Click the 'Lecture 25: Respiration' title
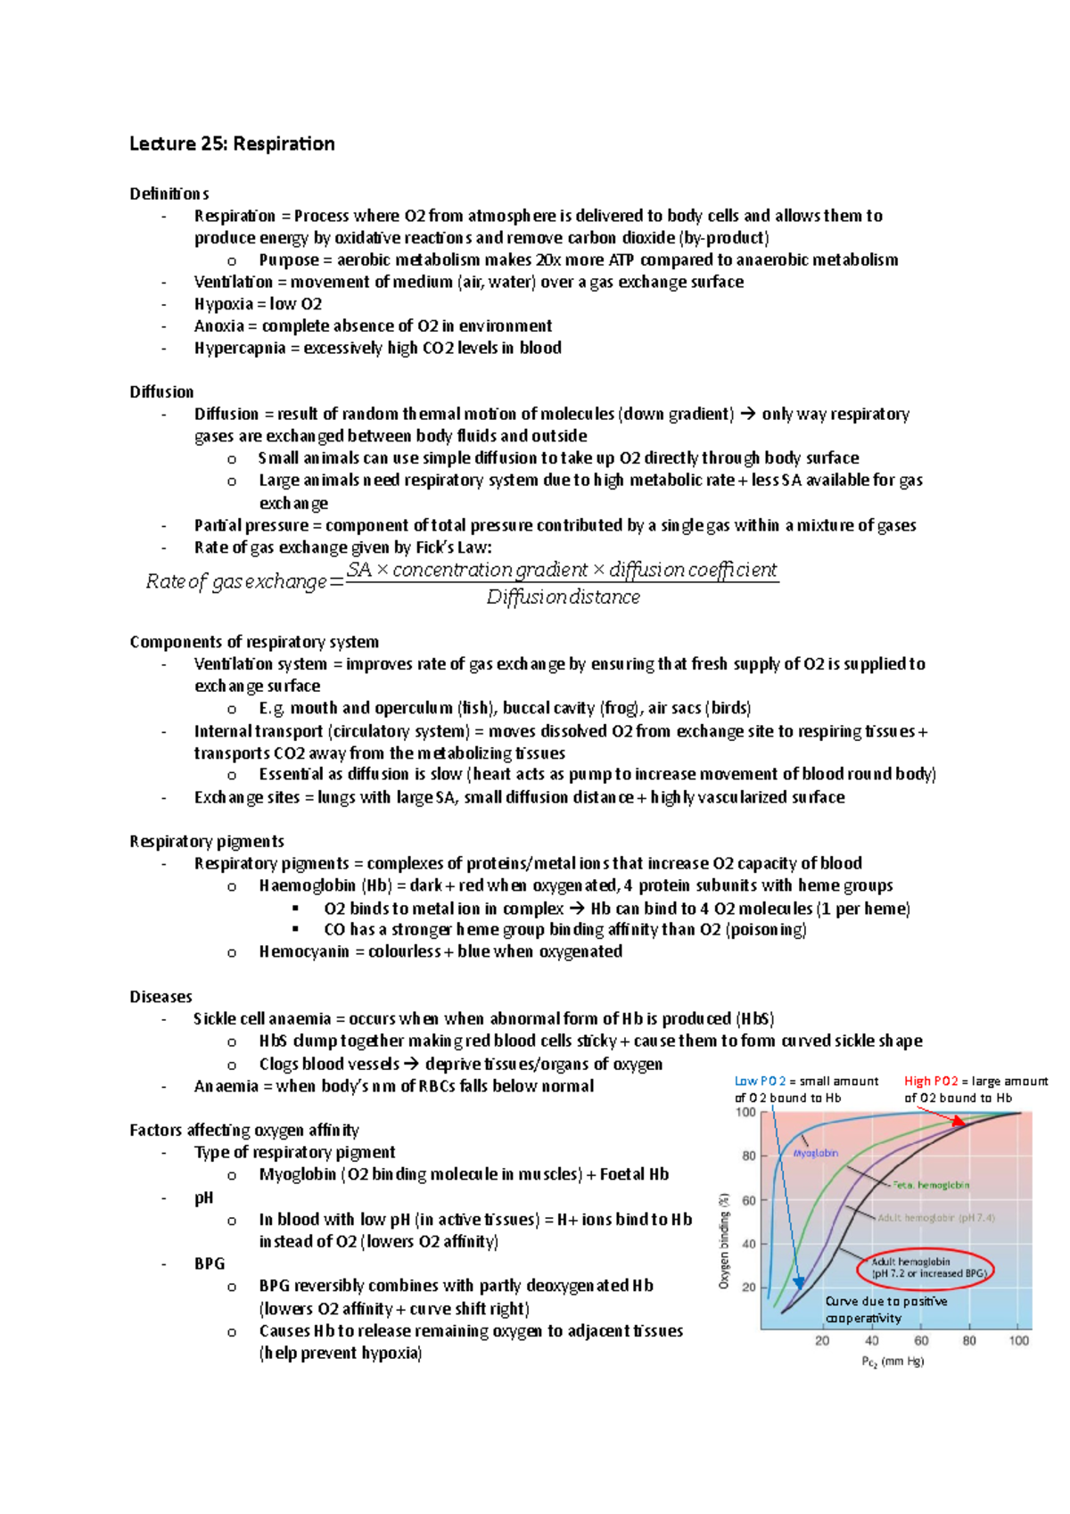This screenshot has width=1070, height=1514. pyautogui.click(x=232, y=144)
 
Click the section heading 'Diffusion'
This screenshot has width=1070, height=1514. pyautogui.click(x=161, y=391)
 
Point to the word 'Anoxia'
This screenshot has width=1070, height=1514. pyautogui.click(x=218, y=325)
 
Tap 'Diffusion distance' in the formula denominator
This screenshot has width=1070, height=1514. pyautogui.click(x=563, y=597)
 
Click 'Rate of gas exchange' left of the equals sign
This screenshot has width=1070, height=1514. pyautogui.click(x=236, y=581)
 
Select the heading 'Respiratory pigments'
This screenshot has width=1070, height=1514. pyautogui.click(x=207, y=841)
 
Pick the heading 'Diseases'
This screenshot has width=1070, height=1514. pyautogui.click(x=160, y=996)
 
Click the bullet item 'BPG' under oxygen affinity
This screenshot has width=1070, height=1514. pyautogui.click(x=210, y=1263)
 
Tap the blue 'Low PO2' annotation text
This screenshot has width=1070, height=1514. pyautogui.click(x=760, y=1081)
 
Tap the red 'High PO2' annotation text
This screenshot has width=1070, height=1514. pyautogui.click(x=931, y=1081)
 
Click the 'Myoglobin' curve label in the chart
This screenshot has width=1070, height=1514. pyautogui.click(x=816, y=1153)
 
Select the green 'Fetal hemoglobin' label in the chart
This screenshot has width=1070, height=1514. pyautogui.click(x=931, y=1185)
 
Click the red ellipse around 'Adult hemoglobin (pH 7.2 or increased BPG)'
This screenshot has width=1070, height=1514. pyautogui.click(x=926, y=1268)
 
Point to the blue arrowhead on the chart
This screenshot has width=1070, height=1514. pyautogui.click(x=799, y=1282)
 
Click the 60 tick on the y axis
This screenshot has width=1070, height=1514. pyautogui.click(x=748, y=1200)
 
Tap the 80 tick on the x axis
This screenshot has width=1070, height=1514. pyautogui.click(x=969, y=1340)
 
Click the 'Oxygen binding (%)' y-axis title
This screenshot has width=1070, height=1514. pyautogui.click(x=724, y=1240)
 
